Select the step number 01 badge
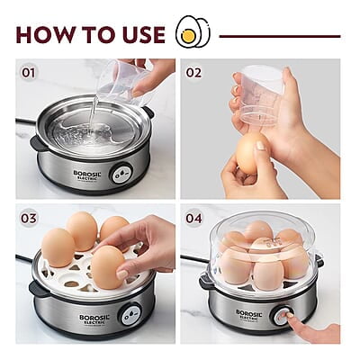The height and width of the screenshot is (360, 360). coord(29,72)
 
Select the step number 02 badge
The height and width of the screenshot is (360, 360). coord(194,72)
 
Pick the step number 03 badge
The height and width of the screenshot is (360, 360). coord(29,218)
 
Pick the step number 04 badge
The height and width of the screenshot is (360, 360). coord(194,218)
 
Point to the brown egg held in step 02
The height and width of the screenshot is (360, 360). coord(250,153)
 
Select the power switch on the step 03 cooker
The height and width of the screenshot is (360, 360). coord(130,315)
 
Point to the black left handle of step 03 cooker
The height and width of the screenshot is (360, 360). coord(37,288)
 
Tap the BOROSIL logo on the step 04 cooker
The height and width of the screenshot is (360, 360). coord(249,315)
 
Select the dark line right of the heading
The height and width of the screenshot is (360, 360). coord(280,36)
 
